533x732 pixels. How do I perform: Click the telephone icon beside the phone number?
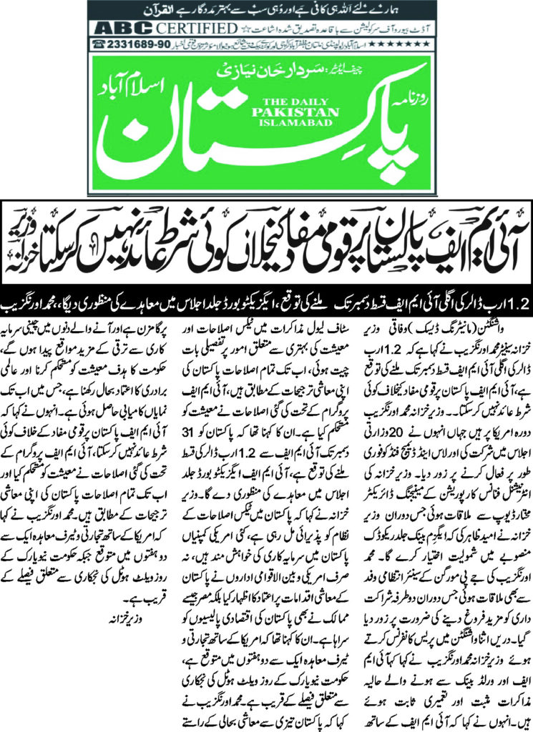click(97, 45)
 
